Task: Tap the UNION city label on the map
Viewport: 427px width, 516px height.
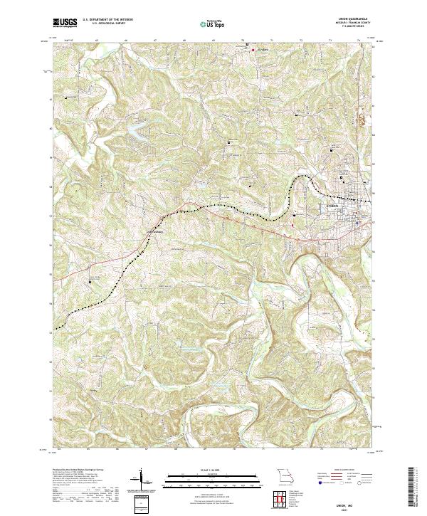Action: pyautogui.click(x=333, y=206)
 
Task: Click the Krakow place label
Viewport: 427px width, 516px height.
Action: pyautogui.click(x=261, y=50)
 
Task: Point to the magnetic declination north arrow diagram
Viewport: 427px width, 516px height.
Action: pyautogui.click(x=142, y=479)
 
